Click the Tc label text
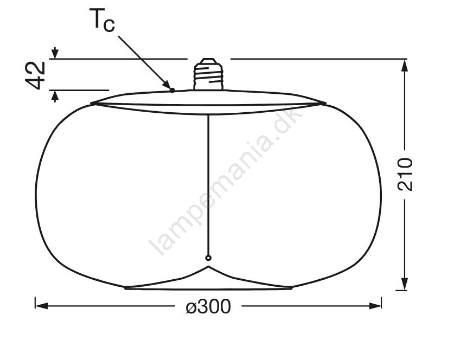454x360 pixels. pos(102,20)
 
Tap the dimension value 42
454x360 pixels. pos(36,75)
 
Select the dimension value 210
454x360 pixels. pos(405,174)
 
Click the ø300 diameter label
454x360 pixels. pos(208,306)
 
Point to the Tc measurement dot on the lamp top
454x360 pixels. pos(172,91)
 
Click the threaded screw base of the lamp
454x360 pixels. pos(208,74)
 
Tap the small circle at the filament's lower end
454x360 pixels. pos(208,258)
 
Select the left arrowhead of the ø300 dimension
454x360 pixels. pos(41,306)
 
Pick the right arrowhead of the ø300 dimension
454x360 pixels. pos(375,306)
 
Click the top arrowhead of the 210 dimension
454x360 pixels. pos(405,66)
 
